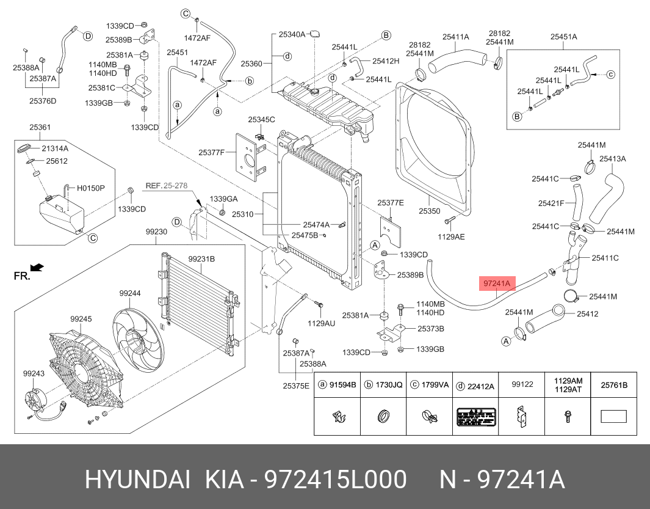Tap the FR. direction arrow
[37, 267]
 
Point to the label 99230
[156, 232]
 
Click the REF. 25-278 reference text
[165, 185]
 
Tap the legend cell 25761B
[614, 385]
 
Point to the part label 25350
[429, 211]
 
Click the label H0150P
[90, 188]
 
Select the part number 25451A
[563, 37]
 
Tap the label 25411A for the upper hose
[456, 37]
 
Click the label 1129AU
[321, 323]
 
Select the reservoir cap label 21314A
[55, 148]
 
